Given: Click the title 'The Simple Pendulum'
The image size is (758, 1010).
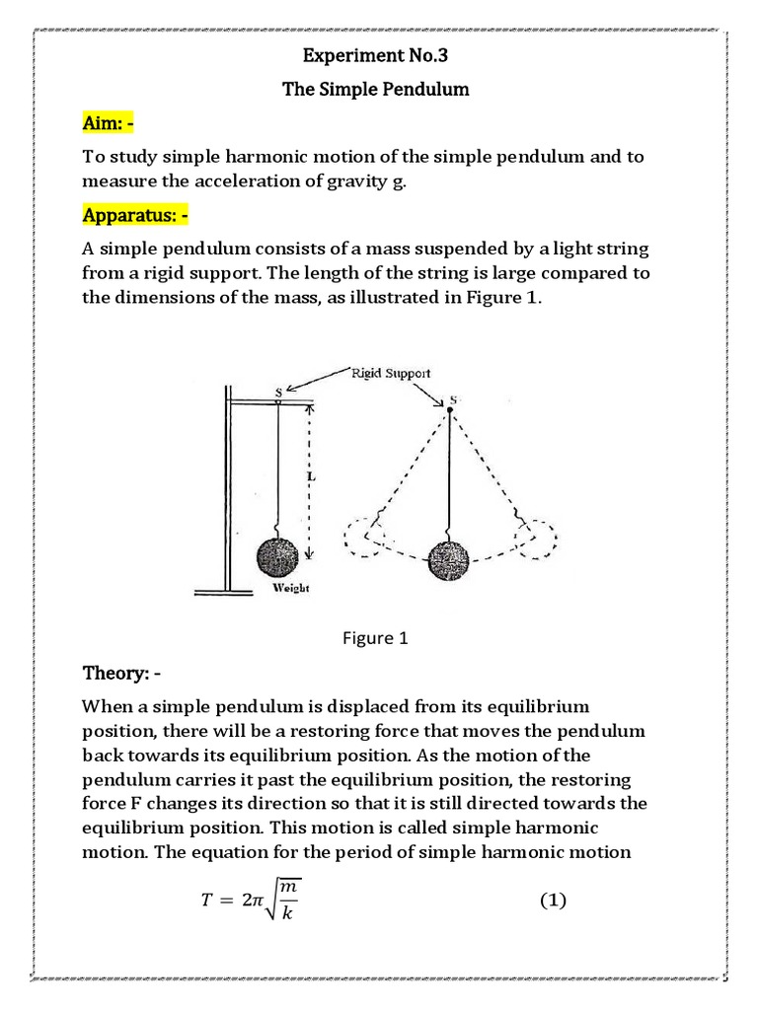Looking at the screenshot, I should [375, 90].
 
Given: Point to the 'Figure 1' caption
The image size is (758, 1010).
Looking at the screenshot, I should [375, 638].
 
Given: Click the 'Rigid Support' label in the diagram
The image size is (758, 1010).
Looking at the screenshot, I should [391, 373].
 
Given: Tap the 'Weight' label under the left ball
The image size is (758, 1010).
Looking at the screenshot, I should [290, 588].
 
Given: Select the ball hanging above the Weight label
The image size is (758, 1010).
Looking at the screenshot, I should [277, 557].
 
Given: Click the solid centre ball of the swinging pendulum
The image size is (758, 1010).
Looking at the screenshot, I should [450, 559].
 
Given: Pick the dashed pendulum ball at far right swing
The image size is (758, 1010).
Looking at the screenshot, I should [533, 539].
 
